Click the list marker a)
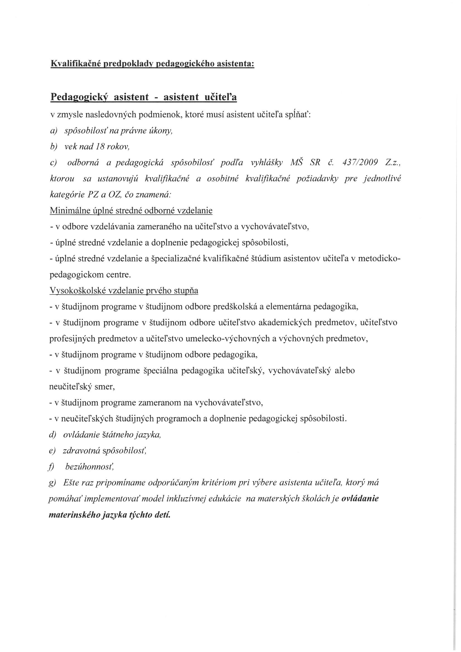pyautogui.click(x=53, y=131)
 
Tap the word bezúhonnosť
pyautogui.click(x=90, y=467)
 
